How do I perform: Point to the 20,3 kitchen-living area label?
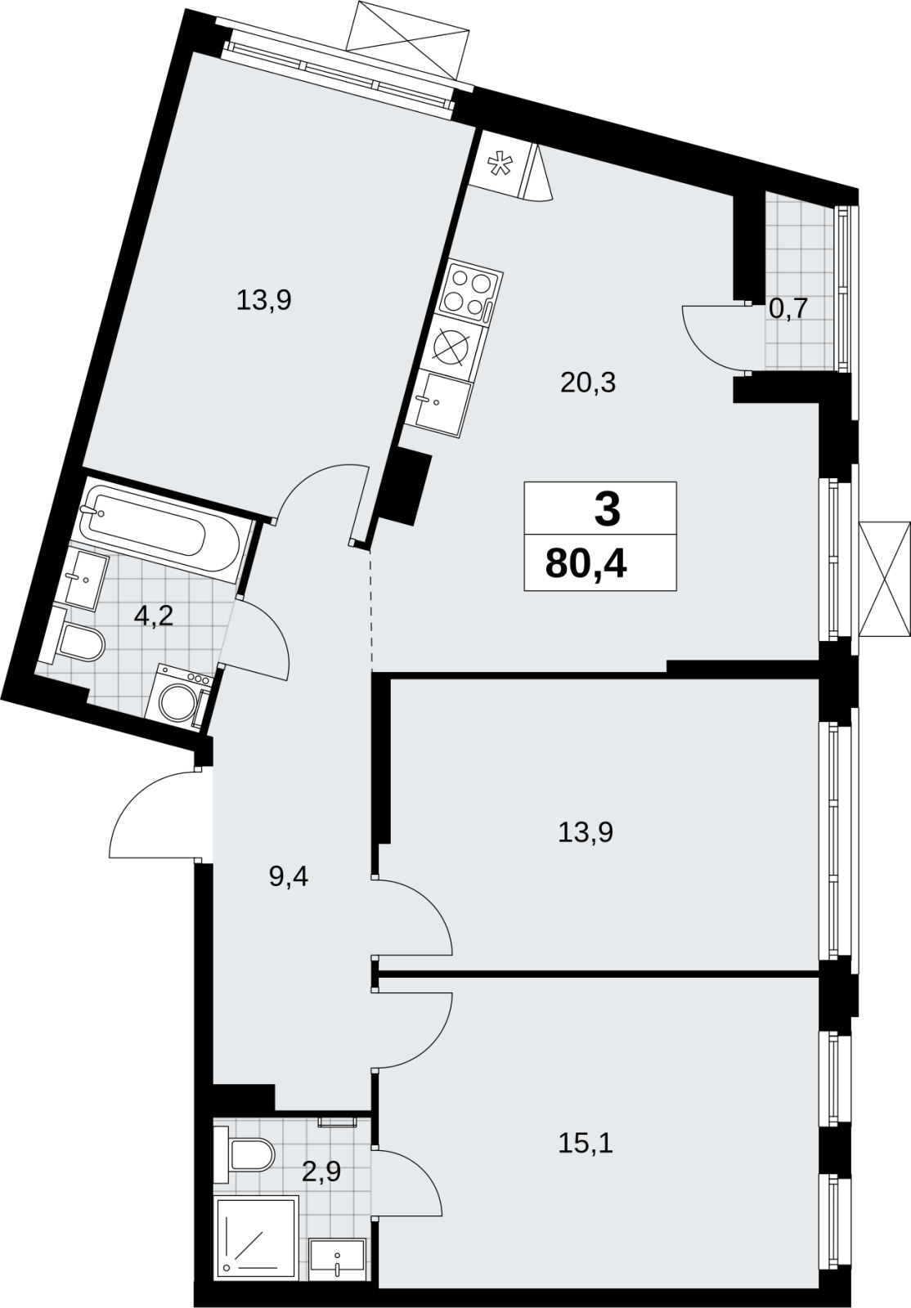pyautogui.click(x=588, y=383)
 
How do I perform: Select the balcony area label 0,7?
pyautogui.click(x=788, y=308)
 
